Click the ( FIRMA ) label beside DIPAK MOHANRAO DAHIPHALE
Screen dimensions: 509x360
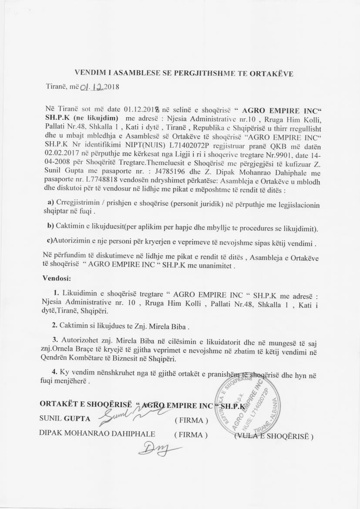191,435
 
